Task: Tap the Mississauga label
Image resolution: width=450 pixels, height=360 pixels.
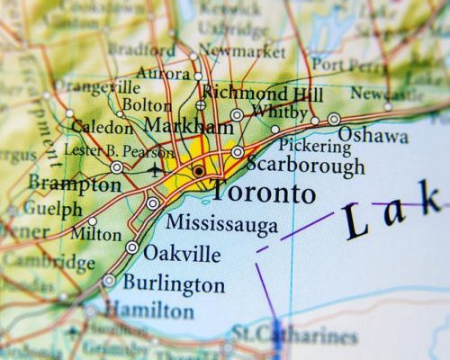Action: [x=222, y=223]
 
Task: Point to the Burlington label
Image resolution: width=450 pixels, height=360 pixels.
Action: [x=174, y=284]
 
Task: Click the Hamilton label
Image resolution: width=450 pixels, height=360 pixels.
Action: [x=148, y=310]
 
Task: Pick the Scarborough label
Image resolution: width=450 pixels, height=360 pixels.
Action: [x=305, y=166]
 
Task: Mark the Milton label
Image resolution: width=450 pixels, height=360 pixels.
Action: [x=95, y=234]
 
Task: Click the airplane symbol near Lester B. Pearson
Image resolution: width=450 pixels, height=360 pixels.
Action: [x=157, y=169]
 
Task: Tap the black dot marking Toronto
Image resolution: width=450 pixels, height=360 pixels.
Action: [x=198, y=170]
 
